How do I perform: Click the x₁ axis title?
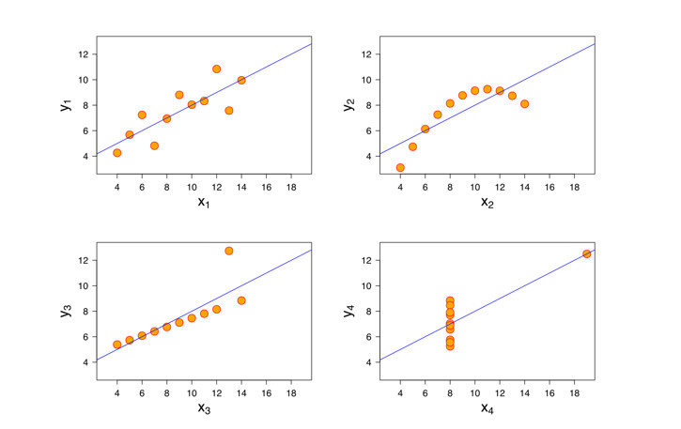(x=203, y=202)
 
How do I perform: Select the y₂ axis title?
(x=348, y=104)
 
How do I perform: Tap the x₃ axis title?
(x=203, y=408)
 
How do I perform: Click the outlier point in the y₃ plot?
(x=229, y=251)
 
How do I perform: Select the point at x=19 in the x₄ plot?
(x=587, y=253)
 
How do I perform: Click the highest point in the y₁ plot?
(x=217, y=69)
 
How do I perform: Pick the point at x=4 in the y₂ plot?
(x=400, y=168)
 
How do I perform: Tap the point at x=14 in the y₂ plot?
(x=524, y=104)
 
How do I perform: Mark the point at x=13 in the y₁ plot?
(x=229, y=111)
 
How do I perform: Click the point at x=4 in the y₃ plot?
(x=116, y=345)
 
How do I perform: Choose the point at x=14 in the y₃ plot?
(x=241, y=300)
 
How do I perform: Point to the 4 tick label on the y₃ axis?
(x=85, y=362)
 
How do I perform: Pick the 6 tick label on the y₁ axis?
(x=85, y=131)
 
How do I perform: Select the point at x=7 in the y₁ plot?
(x=154, y=146)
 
